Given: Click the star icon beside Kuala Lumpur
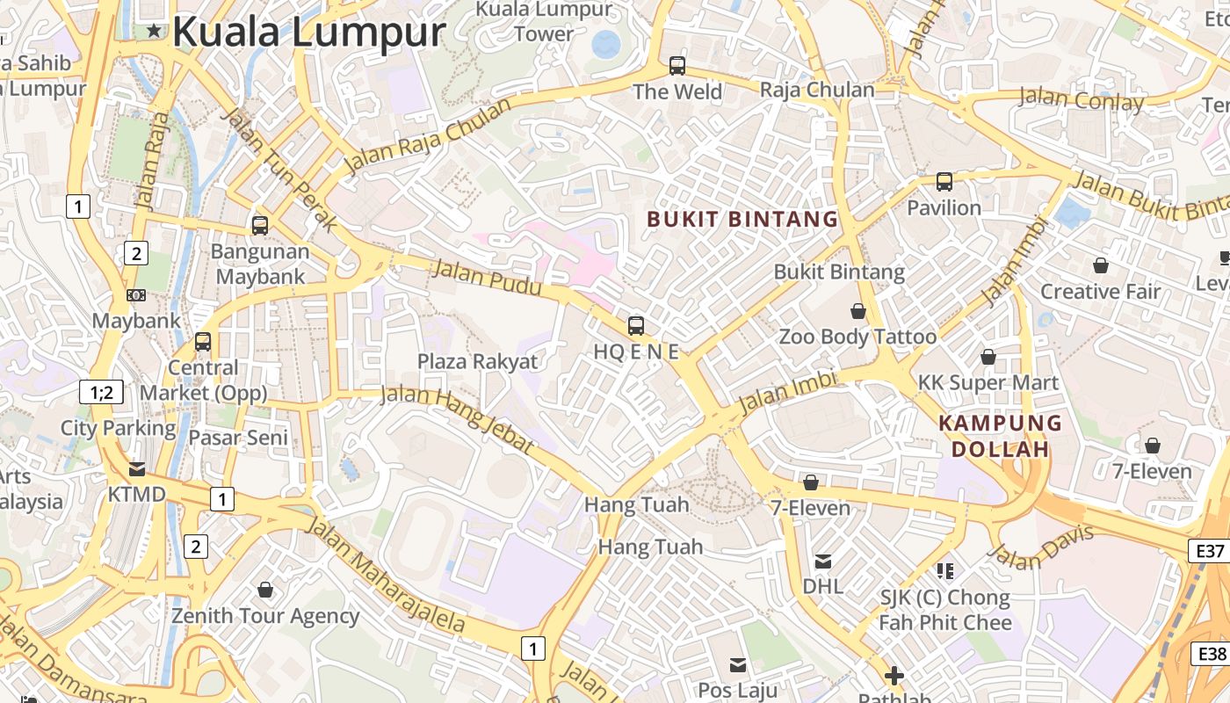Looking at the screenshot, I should [155, 32].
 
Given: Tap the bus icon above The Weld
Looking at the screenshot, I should [677, 65].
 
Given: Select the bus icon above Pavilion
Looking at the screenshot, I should [944, 182].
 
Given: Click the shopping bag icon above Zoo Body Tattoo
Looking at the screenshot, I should [858, 311].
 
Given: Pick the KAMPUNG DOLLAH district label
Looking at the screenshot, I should [1000, 436].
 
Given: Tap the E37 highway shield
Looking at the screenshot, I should [1210, 551].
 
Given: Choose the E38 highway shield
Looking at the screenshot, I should [1212, 654].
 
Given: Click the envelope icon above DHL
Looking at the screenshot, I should [823, 561].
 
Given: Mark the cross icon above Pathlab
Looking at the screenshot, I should [894, 676].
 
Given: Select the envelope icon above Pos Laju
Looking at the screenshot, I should [738, 664].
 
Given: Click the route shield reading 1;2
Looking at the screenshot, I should [101, 392].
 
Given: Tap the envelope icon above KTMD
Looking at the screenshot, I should [137, 468].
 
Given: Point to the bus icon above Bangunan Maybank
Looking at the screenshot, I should [260, 225].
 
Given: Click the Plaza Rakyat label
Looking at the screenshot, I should [477, 361].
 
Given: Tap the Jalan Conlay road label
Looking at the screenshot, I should [1081, 99].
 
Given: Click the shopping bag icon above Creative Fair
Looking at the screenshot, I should [1101, 265].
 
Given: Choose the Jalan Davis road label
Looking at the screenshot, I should [1042, 546].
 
